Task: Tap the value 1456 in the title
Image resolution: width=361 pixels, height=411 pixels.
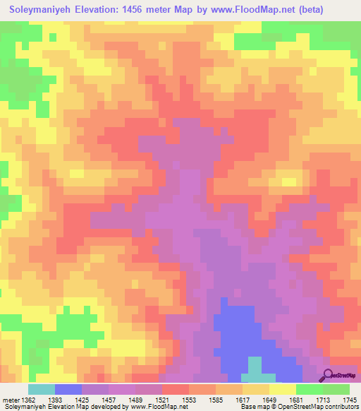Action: coord(152,11)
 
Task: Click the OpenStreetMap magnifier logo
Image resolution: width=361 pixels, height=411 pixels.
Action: coord(327,374)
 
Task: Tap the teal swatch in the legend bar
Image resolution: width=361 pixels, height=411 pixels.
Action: coord(42,388)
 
